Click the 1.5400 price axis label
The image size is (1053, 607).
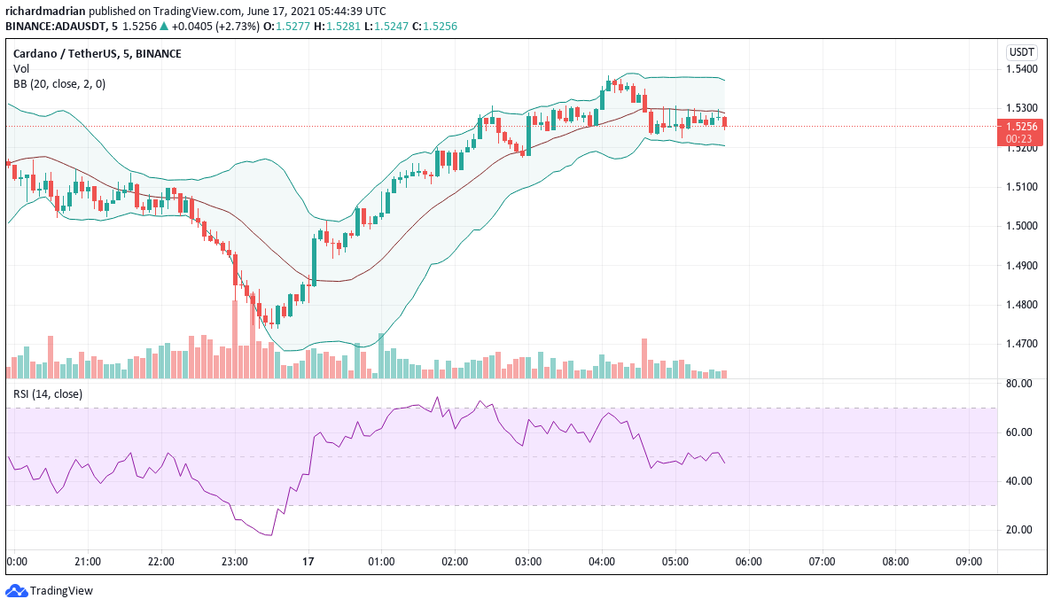[x=1024, y=69]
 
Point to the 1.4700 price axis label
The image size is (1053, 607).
[x=1024, y=344]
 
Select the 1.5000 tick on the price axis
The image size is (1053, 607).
[x=1024, y=226]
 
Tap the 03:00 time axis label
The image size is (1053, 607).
[x=528, y=561]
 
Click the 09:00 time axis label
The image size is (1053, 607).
[x=969, y=561]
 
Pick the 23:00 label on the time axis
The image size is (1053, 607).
[x=234, y=561]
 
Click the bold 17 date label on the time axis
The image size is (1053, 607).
[x=308, y=561]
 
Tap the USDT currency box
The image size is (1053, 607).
[x=1023, y=51]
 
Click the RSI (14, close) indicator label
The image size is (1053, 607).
[x=48, y=393]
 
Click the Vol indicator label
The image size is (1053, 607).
[x=20, y=68]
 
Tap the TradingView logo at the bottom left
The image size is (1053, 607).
[x=50, y=591]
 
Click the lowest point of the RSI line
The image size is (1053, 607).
[x=270, y=535]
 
